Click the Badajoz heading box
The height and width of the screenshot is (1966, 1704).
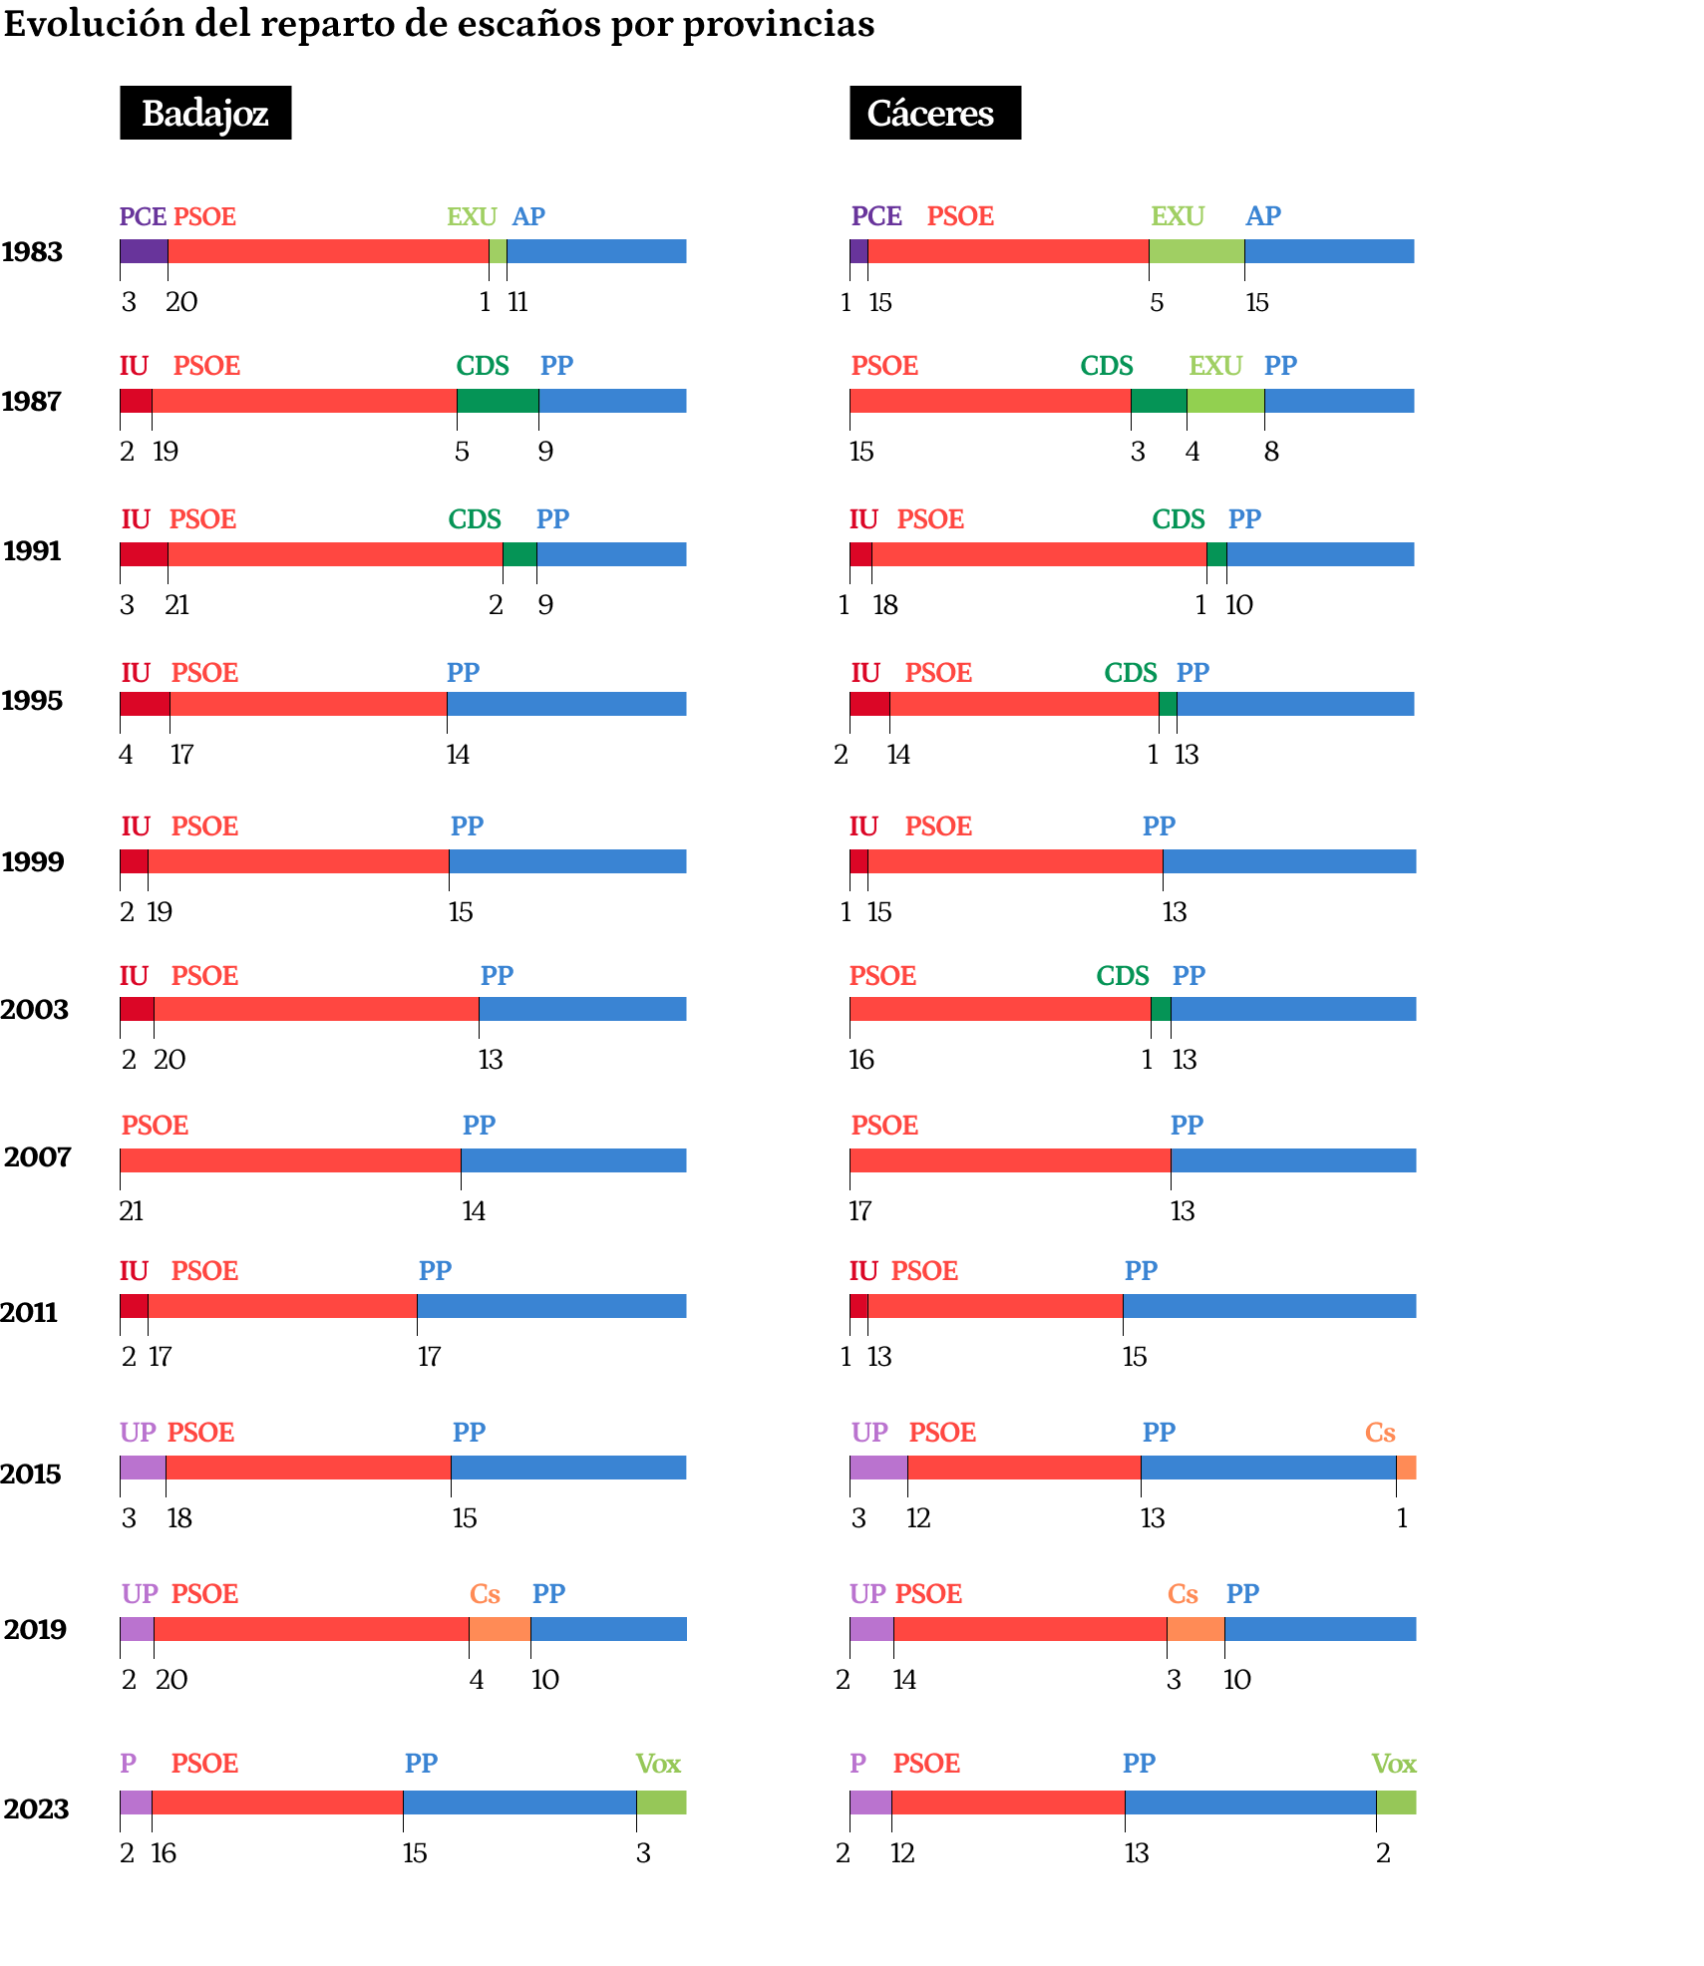click(205, 113)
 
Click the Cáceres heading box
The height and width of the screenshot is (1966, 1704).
click(934, 113)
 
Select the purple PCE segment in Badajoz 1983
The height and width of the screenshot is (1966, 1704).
click(144, 251)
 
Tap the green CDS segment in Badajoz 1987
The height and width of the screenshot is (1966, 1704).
click(498, 401)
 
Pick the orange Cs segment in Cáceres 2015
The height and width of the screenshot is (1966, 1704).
click(1406, 1468)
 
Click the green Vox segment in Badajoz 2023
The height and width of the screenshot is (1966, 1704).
click(661, 1802)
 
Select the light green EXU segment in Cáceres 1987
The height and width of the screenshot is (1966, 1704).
click(1225, 401)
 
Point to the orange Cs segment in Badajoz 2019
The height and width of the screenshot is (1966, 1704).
click(500, 1629)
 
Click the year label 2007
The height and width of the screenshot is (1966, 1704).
click(37, 1157)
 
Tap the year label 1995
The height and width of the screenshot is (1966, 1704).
click(32, 701)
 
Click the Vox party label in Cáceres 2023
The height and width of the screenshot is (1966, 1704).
click(1393, 1765)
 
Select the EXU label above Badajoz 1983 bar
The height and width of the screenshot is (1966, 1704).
click(472, 217)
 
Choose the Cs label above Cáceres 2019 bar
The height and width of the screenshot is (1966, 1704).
click(1183, 1594)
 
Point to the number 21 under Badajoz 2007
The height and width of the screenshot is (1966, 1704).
click(132, 1211)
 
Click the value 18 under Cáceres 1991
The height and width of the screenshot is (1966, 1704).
click(885, 605)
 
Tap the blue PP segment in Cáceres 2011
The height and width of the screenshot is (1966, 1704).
click(1269, 1306)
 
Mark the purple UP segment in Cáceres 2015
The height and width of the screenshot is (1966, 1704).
click(878, 1468)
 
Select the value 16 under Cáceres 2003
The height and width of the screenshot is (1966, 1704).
click(861, 1060)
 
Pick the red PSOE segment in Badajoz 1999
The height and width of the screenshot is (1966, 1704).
click(298, 861)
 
